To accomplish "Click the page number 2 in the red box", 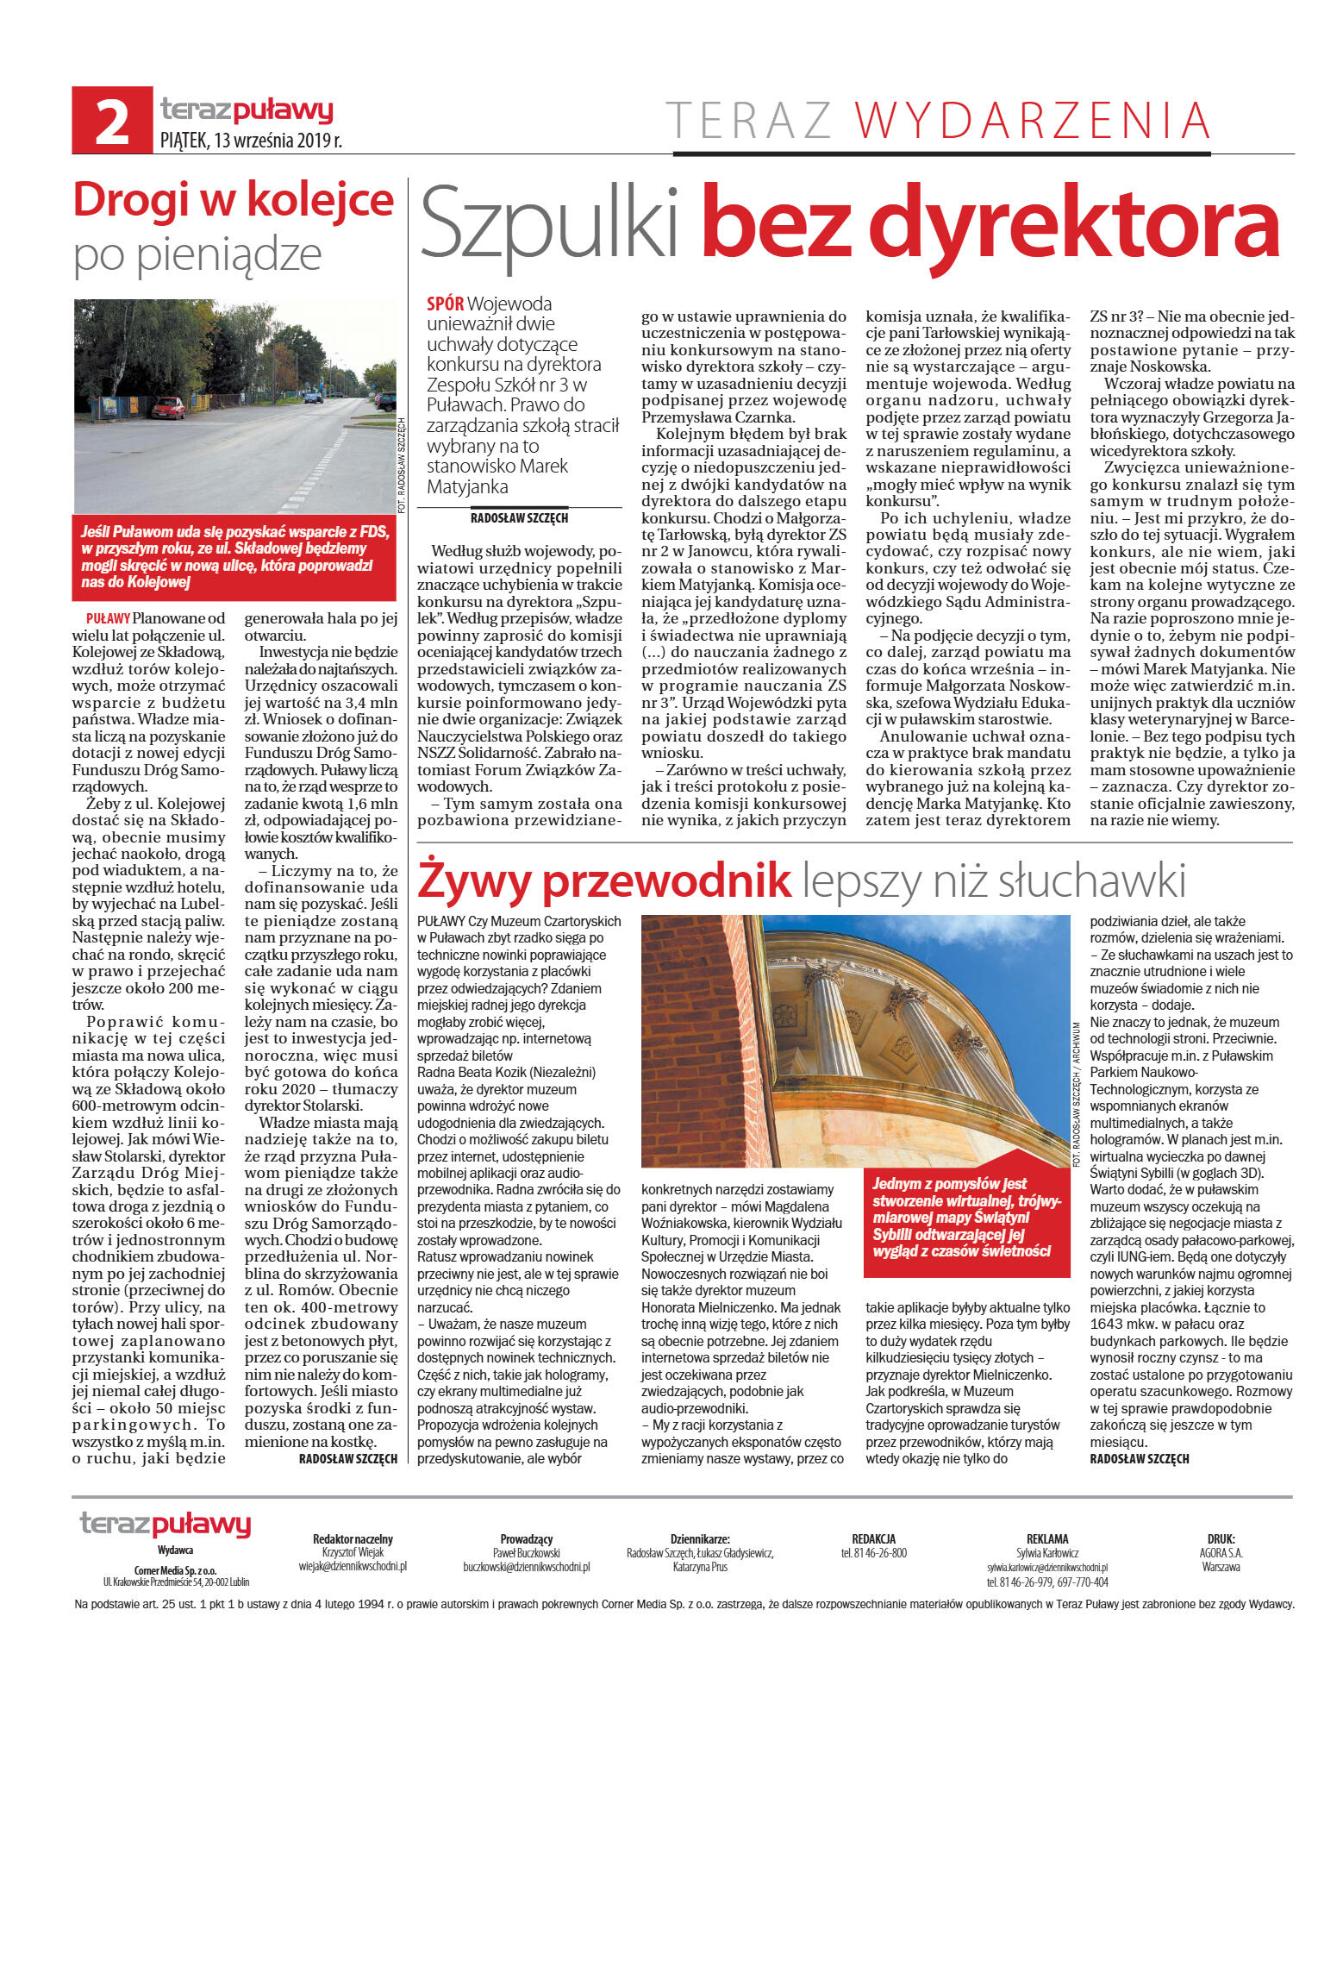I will (112, 122).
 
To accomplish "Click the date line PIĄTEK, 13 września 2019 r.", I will (251, 141).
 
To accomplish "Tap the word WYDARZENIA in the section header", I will (1032, 121).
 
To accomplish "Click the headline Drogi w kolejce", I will (233, 200).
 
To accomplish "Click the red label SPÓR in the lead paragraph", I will (445, 304).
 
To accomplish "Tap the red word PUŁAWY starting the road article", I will (108, 618).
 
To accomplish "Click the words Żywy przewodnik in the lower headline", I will (603, 880).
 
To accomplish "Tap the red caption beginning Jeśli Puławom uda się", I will (234, 556).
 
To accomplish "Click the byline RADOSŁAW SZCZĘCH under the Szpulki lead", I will (519, 518).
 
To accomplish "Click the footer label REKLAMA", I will (1046, 1538).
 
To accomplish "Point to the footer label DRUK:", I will (1220, 1538).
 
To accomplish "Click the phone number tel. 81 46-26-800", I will (873, 1553).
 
